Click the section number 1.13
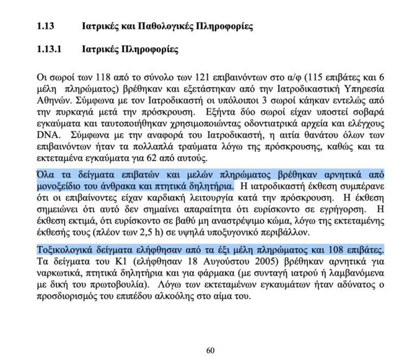click(x=46, y=26)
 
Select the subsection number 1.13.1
click(x=49, y=50)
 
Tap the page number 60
click(x=210, y=350)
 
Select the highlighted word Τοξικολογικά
click(x=61, y=250)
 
